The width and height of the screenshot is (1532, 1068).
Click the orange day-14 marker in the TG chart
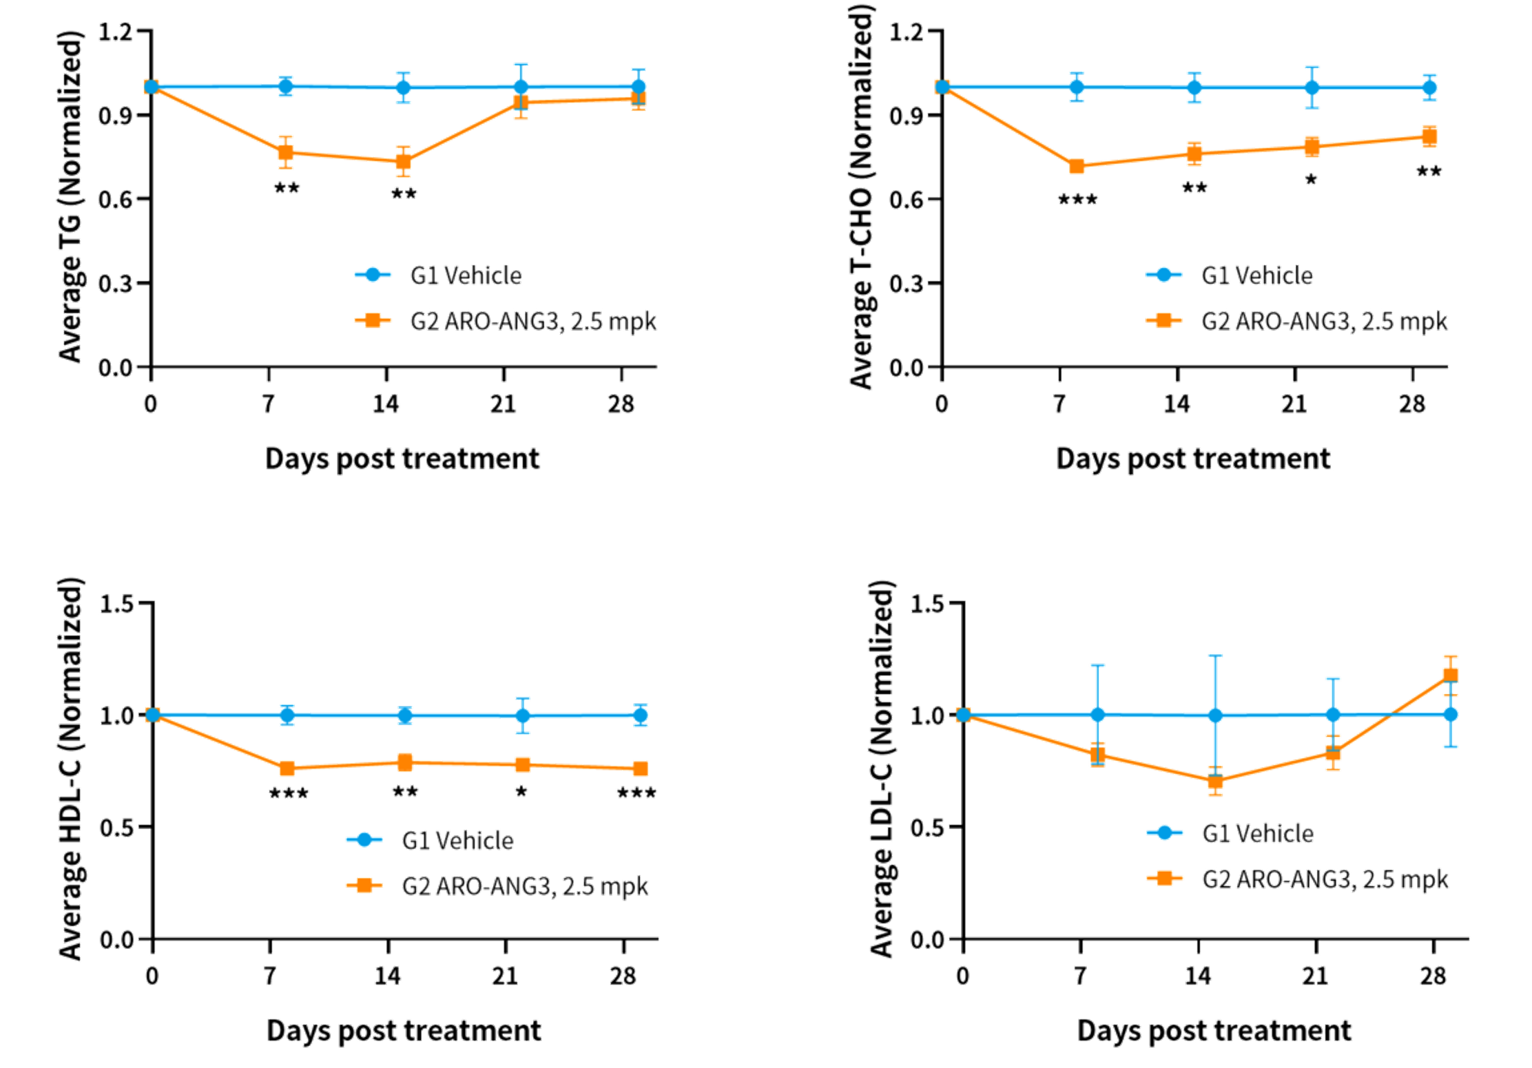coord(404,163)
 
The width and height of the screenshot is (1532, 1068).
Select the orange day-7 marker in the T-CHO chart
coord(1076,166)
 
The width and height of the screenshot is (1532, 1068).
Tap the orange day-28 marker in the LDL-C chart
coord(1450,675)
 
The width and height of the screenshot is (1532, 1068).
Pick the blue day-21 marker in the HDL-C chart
coord(523,715)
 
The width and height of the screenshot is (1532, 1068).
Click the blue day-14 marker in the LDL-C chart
coord(1216,715)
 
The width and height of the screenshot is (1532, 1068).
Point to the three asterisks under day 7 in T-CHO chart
coord(1077,200)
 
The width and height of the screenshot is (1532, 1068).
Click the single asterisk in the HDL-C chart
coord(521,792)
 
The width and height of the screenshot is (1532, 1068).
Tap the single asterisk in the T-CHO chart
coord(1311,180)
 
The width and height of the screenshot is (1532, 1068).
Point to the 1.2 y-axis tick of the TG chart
coord(115,31)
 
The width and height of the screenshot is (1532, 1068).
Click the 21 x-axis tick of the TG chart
coord(504,404)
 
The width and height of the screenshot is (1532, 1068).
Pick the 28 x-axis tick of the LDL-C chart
coord(1432,976)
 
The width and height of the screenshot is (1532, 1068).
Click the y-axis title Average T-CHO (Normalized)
coord(861,200)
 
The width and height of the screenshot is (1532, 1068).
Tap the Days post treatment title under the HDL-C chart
coord(404,1031)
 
